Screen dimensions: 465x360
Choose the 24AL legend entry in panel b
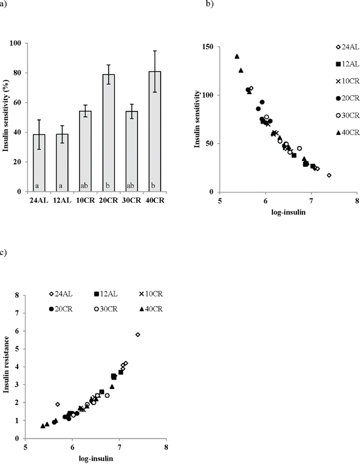[x=337, y=47]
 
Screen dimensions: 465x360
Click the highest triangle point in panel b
[x=237, y=56]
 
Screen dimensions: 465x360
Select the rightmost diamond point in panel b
[x=329, y=175]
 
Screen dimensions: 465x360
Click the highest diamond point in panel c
[x=138, y=335]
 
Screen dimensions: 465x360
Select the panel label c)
[x=4, y=253]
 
